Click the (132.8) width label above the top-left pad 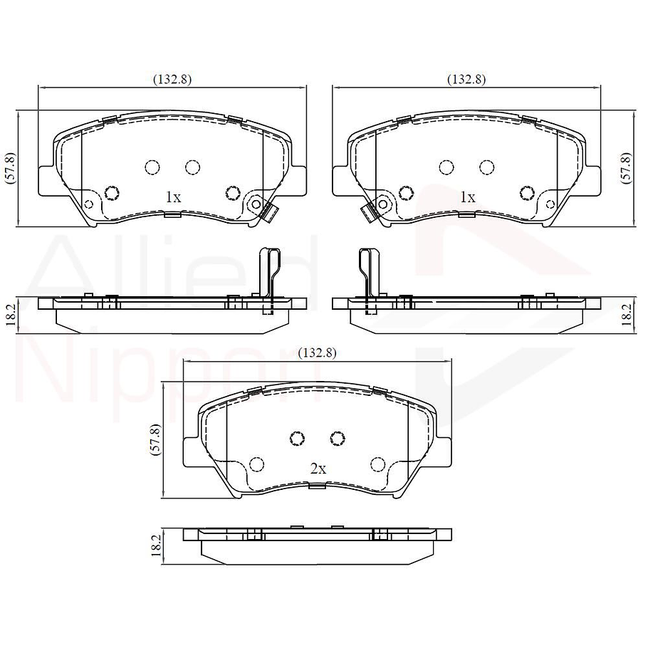click(x=172, y=80)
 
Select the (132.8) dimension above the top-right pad click(x=466, y=80)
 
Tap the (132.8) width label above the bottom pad click(x=317, y=352)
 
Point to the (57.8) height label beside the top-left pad click(x=10, y=169)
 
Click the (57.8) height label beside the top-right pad click(x=626, y=169)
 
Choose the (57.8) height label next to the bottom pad click(x=155, y=439)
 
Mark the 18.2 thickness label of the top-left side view click(x=10, y=313)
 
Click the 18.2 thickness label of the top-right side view click(x=626, y=313)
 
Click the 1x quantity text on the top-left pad click(x=173, y=197)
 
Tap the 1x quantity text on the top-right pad click(x=467, y=197)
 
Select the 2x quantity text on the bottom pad click(x=318, y=469)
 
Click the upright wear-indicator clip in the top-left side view click(x=268, y=278)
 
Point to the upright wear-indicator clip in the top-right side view click(x=368, y=278)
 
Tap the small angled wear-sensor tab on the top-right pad click(x=368, y=211)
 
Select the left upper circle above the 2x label click(x=298, y=438)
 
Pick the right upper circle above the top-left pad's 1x click(x=192, y=167)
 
